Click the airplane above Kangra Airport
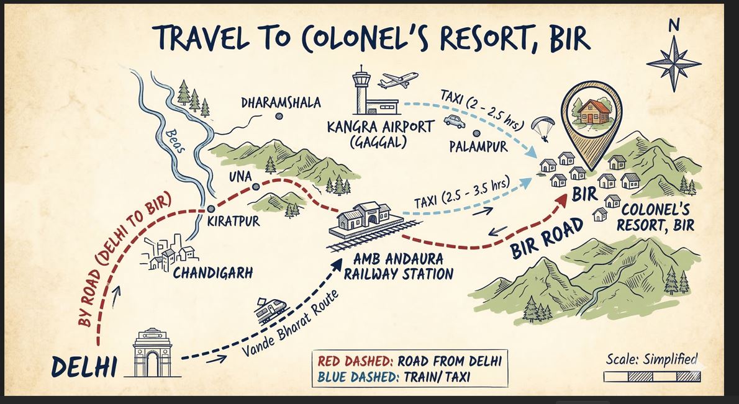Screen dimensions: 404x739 point(397,80)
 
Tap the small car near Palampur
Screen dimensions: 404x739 point(454,122)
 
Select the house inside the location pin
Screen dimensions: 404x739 point(588,112)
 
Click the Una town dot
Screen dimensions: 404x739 point(255,187)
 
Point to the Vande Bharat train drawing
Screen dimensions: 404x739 point(272,309)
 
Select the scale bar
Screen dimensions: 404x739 point(651,376)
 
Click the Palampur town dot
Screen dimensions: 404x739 point(476,133)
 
